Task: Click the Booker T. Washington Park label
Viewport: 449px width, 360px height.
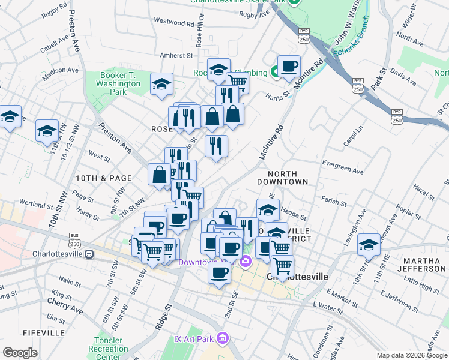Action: click(x=118, y=84)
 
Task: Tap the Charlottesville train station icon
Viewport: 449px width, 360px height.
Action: click(x=89, y=253)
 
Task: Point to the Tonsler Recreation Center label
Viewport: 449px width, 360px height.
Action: click(x=108, y=349)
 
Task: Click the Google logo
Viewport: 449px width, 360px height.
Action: click(x=20, y=353)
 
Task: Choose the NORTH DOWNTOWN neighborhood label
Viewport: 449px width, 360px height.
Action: click(x=282, y=177)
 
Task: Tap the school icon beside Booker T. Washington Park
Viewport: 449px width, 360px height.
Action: click(x=161, y=85)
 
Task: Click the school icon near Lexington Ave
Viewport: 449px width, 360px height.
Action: click(x=368, y=244)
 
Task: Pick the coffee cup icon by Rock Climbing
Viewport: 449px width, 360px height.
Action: click(x=289, y=66)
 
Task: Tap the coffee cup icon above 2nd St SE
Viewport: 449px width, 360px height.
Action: click(x=218, y=272)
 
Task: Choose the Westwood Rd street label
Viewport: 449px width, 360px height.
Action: click(x=174, y=23)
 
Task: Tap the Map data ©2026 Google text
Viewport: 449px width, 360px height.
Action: click(x=412, y=355)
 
